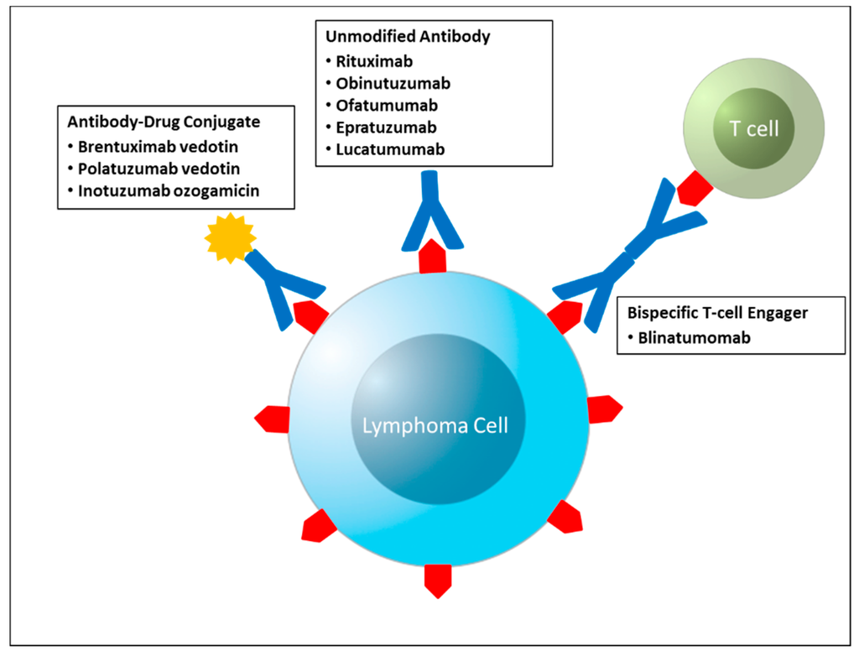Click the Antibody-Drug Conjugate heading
click(164, 122)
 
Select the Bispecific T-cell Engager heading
click(717, 312)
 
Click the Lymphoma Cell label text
click(435, 424)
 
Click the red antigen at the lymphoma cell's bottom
click(437, 578)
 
